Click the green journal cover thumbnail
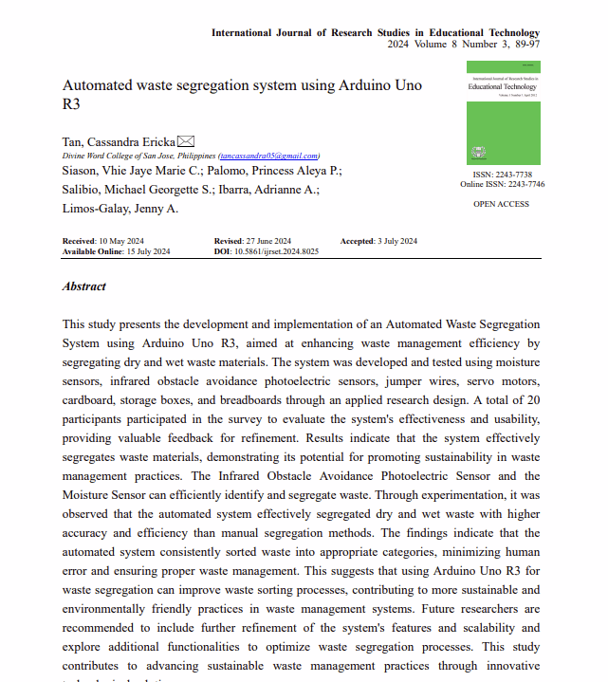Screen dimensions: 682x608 (504, 113)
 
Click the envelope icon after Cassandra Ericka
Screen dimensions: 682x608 (186, 141)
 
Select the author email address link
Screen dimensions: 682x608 (269, 156)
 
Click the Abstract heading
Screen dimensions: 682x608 (84, 286)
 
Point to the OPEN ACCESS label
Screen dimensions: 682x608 (501, 204)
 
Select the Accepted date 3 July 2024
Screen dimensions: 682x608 (396, 241)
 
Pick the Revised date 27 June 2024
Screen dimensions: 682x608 (267, 241)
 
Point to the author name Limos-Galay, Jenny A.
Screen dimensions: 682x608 (120, 209)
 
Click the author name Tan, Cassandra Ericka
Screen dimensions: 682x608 (119, 141)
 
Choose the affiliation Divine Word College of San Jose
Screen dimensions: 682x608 (111, 156)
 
